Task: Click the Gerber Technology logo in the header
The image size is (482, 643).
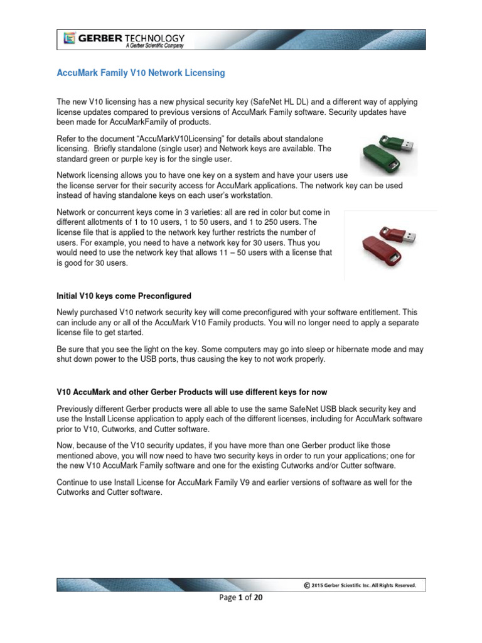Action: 124,40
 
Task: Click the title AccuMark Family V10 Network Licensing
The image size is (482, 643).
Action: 141,73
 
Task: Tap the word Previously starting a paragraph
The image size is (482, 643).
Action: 77,409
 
